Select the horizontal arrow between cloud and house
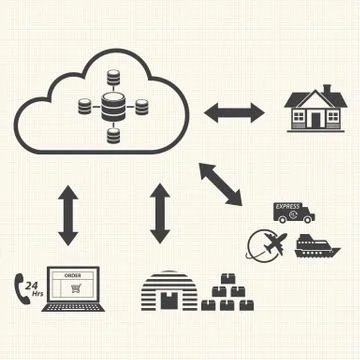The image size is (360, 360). click(x=234, y=110)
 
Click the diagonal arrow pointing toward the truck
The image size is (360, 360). click(x=221, y=185)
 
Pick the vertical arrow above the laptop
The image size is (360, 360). click(x=68, y=214)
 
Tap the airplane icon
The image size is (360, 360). click(x=276, y=242)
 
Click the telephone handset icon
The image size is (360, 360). click(x=18, y=285)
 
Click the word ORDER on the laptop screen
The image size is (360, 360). click(x=72, y=273)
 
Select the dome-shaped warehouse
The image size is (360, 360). click(x=169, y=291)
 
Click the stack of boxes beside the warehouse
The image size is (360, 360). click(x=231, y=294)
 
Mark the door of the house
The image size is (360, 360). click(x=316, y=119)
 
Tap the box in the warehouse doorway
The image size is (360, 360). click(x=171, y=301)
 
